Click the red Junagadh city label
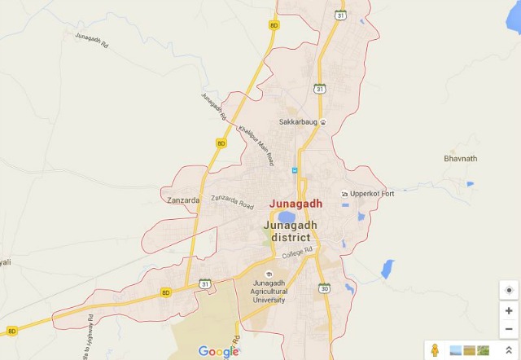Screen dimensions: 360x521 click(x=296, y=204)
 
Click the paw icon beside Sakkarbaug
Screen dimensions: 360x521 click(x=323, y=123)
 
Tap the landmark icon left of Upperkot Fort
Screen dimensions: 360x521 click(x=344, y=194)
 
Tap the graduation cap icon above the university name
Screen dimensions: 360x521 click(x=269, y=273)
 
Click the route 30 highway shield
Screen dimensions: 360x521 click(x=325, y=288)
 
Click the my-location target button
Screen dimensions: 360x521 click(x=509, y=290)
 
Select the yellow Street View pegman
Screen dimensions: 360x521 click(x=436, y=350)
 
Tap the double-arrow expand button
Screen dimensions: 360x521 click(x=509, y=349)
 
